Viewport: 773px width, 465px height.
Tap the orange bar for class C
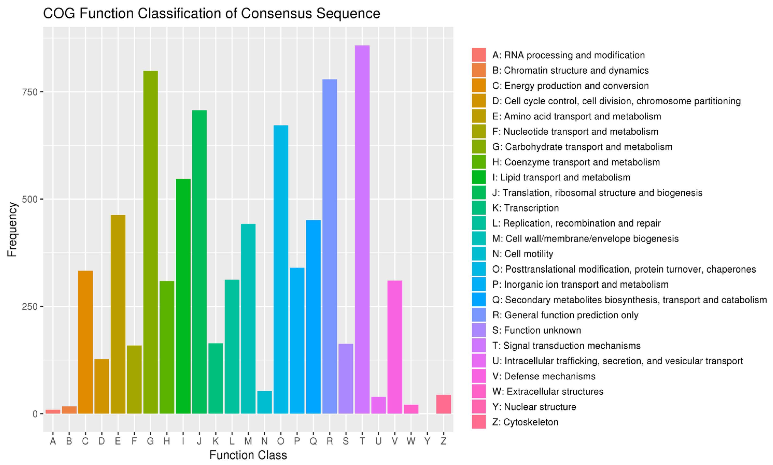coord(85,341)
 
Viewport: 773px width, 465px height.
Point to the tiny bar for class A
coord(53,411)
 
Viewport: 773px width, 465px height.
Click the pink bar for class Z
coord(443,404)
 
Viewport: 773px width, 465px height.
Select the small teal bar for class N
coord(264,402)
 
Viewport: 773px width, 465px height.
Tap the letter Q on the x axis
coord(313,441)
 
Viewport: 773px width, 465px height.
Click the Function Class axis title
coord(248,455)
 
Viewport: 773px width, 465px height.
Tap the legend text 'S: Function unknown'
coord(536,330)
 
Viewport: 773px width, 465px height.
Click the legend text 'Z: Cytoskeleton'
coord(525,422)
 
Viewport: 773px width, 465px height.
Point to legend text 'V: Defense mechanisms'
coord(544,376)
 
